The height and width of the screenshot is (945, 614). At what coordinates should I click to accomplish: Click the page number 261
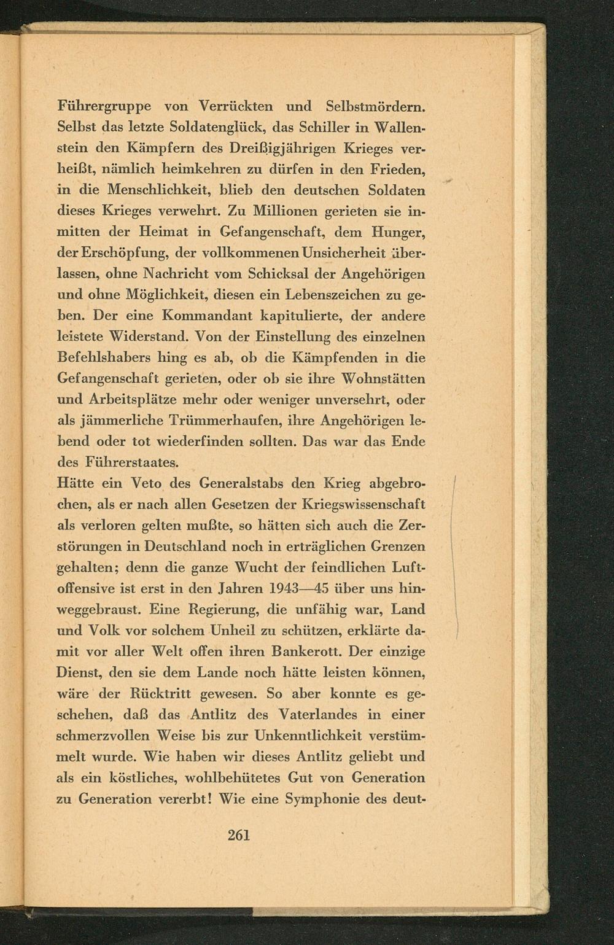coord(239,834)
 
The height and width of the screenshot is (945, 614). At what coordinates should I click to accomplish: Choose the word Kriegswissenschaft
coord(365,504)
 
